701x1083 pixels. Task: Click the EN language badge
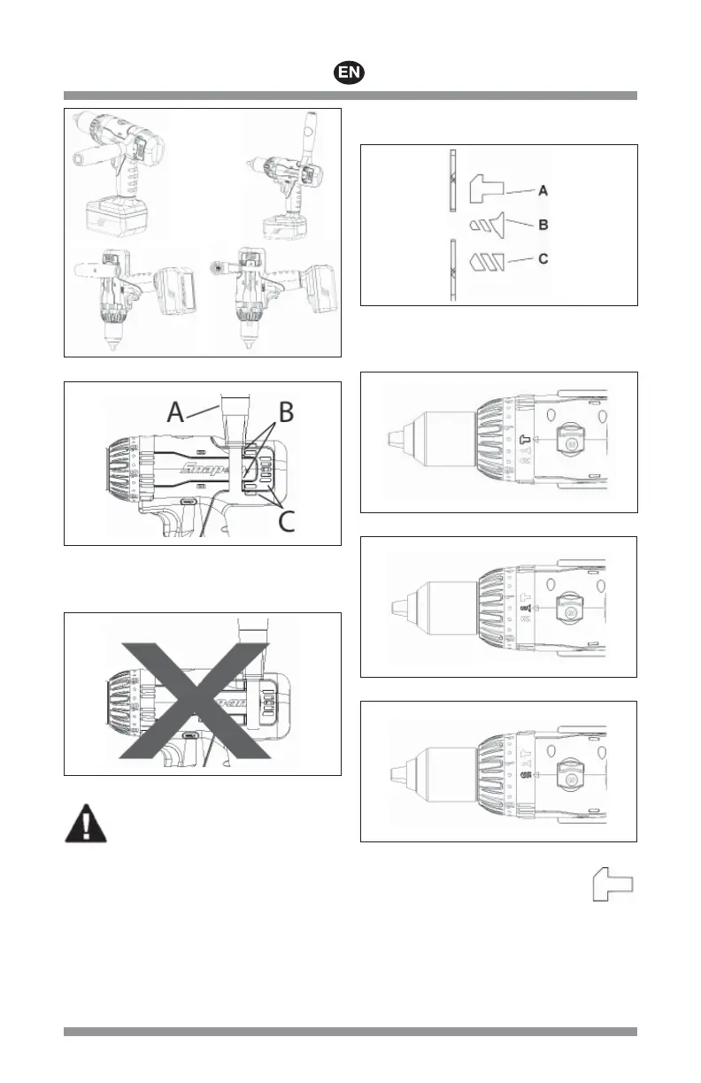point(351,73)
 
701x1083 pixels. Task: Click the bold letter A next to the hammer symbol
point(543,189)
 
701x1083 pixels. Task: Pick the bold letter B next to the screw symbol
point(543,225)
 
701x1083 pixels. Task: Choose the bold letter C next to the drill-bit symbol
point(543,260)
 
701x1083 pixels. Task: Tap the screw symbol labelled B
point(485,224)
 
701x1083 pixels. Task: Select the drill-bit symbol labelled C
point(486,261)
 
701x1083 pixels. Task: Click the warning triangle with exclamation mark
point(86,824)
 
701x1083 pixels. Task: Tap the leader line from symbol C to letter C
point(523,260)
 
